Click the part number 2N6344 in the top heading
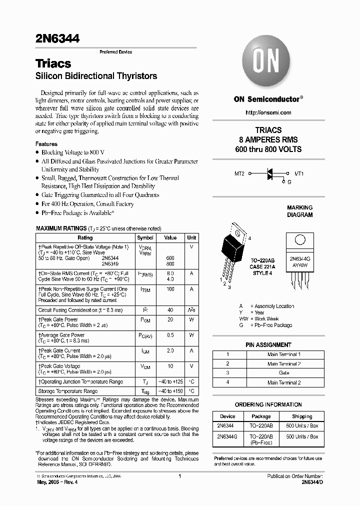[x=57, y=38]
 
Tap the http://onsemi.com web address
[x=268, y=113]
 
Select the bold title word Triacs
[x=53, y=64]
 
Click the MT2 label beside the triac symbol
[x=239, y=174]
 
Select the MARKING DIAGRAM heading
[x=299, y=211]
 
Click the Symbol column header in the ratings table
[x=145, y=238]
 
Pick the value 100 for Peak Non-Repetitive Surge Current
[x=170, y=289]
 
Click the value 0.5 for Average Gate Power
[x=170, y=335]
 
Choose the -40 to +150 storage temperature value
[x=170, y=391]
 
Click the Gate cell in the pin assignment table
[x=283, y=373]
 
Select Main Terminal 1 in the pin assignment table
[x=283, y=354]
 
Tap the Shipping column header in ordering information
[x=301, y=416]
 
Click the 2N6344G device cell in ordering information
[x=227, y=436]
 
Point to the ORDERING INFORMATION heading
[x=268, y=404]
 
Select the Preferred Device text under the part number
[x=115, y=52]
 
